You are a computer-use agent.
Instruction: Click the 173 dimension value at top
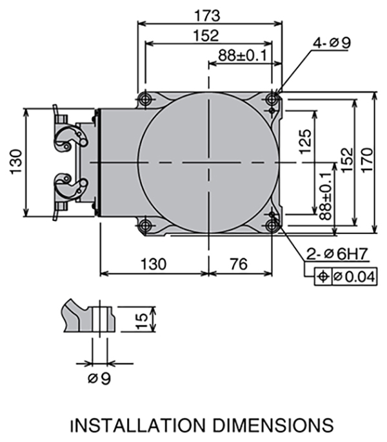(207, 15)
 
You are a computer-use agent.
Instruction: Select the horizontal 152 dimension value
(206, 35)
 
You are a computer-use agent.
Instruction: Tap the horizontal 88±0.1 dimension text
(243, 55)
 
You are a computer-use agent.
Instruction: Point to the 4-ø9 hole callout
(332, 43)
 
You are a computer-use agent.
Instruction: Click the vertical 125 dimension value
(305, 142)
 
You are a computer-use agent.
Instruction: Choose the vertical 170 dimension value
(367, 160)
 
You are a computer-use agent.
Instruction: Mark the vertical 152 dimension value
(347, 160)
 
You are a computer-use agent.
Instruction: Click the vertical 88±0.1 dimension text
(326, 197)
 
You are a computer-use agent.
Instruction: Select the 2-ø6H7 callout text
(337, 254)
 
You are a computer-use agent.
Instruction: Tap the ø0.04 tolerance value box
(355, 276)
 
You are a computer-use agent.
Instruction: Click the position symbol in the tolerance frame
(323, 276)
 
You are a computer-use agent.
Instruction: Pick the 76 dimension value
(239, 264)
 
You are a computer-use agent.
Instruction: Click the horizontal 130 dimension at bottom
(154, 264)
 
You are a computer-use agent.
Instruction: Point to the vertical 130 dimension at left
(16, 162)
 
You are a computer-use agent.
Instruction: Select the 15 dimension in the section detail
(143, 320)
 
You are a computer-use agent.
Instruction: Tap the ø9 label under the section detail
(99, 378)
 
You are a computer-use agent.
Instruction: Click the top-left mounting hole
(145, 99)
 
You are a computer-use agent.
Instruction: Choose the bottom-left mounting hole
(145, 226)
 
